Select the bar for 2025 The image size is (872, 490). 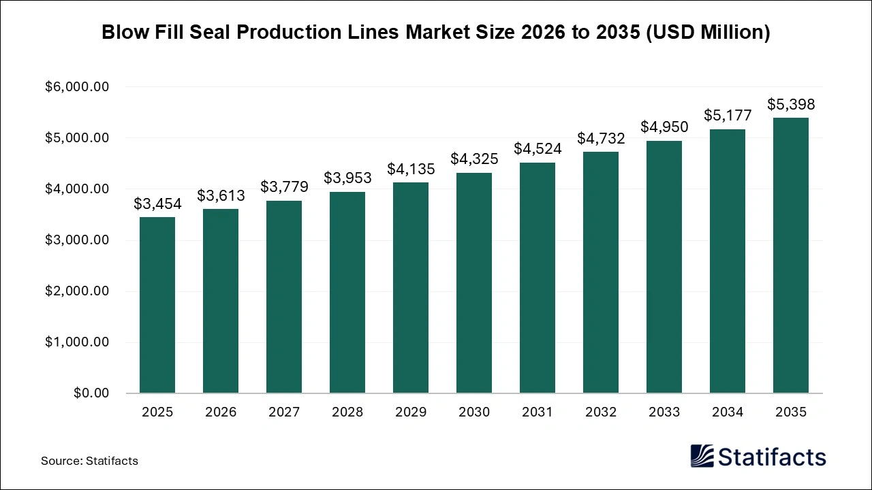[157, 305]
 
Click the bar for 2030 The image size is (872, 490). [474, 283]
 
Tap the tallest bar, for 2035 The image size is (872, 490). [791, 255]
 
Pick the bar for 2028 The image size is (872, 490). [347, 293]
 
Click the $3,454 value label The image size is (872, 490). [157, 203]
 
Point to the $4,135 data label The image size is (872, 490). [411, 168]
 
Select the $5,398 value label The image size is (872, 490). [791, 104]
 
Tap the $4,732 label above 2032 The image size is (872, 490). [601, 138]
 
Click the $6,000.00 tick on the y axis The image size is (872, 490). [77, 87]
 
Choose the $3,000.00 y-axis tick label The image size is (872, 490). [77, 240]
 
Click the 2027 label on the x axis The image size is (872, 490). [284, 412]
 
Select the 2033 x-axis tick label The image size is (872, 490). [664, 412]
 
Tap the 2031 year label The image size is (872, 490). [538, 412]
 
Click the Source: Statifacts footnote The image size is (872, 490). [89, 461]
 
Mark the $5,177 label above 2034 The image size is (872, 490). [728, 116]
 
